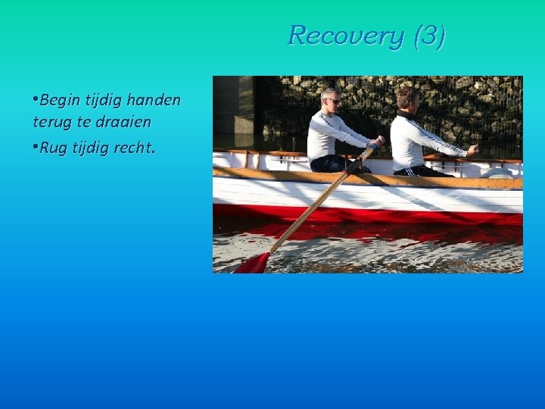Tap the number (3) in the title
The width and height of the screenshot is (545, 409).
coord(429,36)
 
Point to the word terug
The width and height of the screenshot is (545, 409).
coord(51,122)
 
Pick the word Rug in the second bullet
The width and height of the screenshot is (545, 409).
coord(53,148)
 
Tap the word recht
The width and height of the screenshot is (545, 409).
coord(134,148)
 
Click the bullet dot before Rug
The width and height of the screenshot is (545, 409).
coord(36,148)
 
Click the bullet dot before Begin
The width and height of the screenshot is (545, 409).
coord(36,100)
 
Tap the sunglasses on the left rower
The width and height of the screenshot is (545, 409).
coord(333,101)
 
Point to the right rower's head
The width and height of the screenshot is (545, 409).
coord(407,98)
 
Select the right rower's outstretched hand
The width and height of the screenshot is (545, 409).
coord(472,150)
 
